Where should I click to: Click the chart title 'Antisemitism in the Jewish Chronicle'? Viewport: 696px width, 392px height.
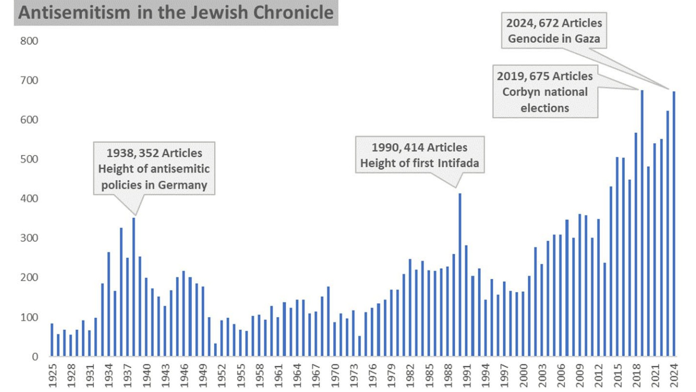click(176, 13)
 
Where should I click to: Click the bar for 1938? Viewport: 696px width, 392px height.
click(133, 287)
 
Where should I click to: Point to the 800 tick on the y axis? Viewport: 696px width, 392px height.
click(29, 41)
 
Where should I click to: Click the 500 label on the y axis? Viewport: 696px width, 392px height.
click(29, 159)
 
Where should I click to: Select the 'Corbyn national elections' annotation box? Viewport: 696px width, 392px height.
click(545, 92)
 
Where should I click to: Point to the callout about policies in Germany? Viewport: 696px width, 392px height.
click(154, 169)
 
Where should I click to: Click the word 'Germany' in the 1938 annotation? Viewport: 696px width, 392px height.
click(183, 185)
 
